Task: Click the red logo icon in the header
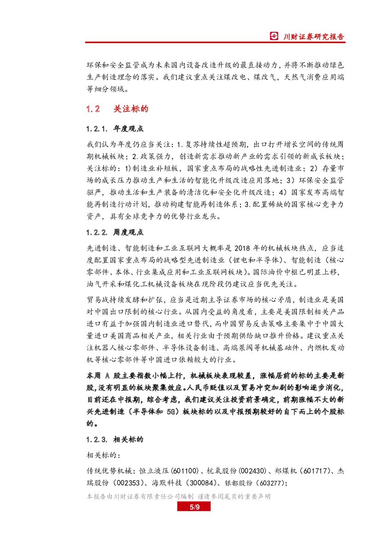(275, 36)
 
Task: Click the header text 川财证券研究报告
(313, 36)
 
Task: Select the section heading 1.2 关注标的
(117, 109)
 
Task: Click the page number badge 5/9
(194, 507)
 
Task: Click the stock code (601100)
(184, 471)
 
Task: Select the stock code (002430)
(253, 471)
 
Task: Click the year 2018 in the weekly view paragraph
(250, 248)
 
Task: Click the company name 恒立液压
(155, 471)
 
